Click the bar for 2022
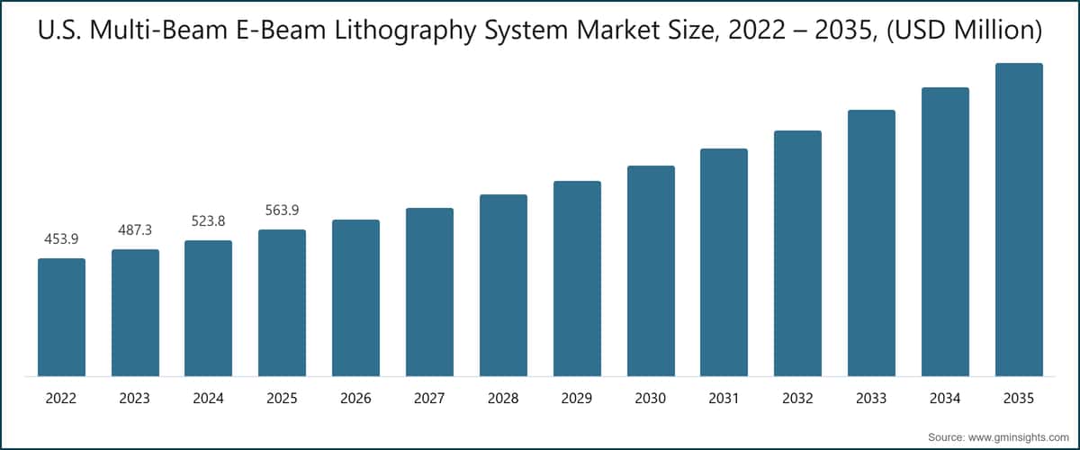click(x=61, y=317)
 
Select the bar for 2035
click(x=1018, y=220)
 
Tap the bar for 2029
click(x=577, y=278)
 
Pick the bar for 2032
click(x=797, y=253)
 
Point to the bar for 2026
click(x=355, y=298)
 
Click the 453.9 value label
click(x=61, y=238)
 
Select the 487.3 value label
click(x=135, y=230)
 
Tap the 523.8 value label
click(x=208, y=220)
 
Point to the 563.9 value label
click(x=282, y=210)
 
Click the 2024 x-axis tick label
click(x=208, y=398)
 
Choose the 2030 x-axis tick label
click(x=651, y=398)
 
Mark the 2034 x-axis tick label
click(x=945, y=398)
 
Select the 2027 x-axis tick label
click(x=429, y=398)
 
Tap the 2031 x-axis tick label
click(x=724, y=398)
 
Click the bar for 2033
click(x=871, y=243)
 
